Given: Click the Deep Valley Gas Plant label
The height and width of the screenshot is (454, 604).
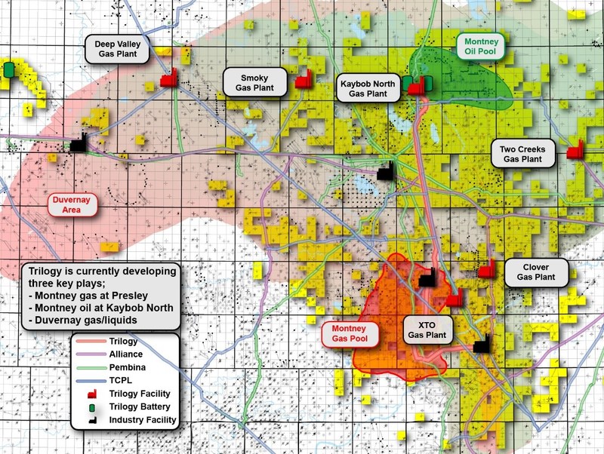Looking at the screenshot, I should pos(119,49).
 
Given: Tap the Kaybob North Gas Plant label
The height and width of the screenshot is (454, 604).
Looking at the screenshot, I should pos(369,87).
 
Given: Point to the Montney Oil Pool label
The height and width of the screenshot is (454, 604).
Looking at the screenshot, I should pos(482,47).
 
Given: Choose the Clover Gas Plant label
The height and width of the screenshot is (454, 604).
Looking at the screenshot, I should pos(535,272).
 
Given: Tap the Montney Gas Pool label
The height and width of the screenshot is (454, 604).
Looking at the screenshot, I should pos(344,335).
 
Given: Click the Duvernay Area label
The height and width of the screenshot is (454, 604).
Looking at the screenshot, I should pos(73,205).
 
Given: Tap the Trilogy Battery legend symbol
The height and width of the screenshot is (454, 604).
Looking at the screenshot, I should pos(96,406).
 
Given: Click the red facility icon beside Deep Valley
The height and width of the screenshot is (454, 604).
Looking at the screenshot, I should pos(168,77).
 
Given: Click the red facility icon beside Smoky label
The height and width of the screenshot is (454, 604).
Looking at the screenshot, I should pos(304,80).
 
